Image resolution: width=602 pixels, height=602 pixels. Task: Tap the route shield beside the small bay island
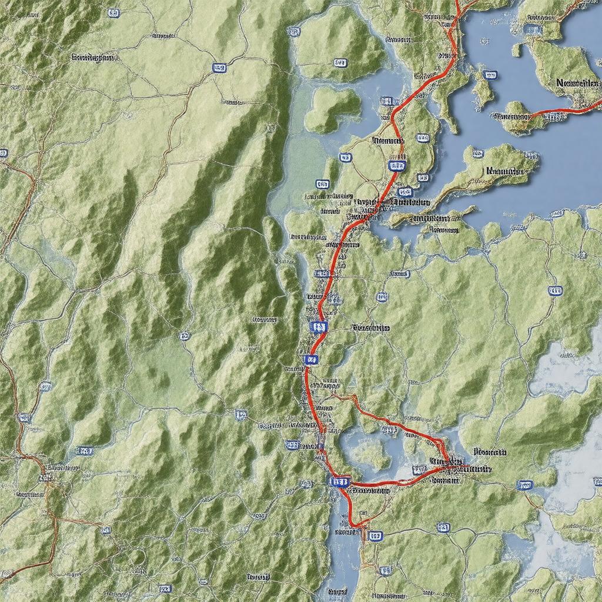489,75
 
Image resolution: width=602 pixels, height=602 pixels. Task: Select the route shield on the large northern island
340,62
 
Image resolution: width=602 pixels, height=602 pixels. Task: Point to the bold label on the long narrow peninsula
505,171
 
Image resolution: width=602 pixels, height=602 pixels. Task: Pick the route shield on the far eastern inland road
554,290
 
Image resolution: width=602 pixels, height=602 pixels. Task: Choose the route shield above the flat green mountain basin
184,336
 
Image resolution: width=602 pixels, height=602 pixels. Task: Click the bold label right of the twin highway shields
370,328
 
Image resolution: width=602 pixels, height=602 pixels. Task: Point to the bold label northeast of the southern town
489,453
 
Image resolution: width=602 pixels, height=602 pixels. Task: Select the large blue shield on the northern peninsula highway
397,166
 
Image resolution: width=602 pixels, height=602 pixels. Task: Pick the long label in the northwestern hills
94,58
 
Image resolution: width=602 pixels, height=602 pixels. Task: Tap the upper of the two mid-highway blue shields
318,326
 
